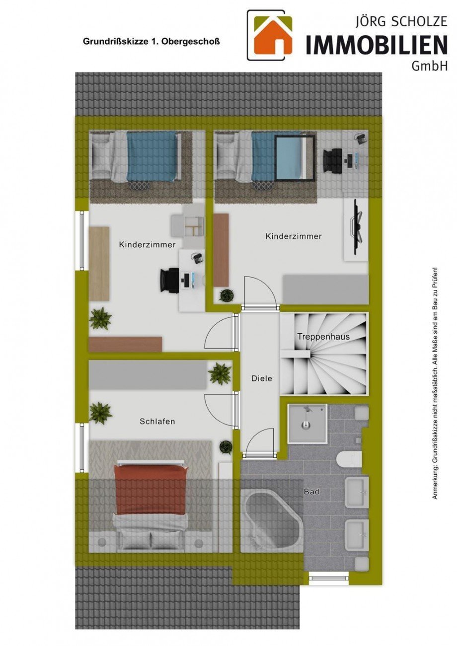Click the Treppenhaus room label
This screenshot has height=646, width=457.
click(323, 337)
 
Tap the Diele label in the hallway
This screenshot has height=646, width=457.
click(262, 378)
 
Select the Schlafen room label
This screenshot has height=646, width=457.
click(157, 422)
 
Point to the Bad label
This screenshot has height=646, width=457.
click(311, 492)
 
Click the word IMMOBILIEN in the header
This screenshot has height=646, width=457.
click(377, 45)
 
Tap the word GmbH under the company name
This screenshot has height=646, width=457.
click(430, 66)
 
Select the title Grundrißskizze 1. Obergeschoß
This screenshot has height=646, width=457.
click(152, 42)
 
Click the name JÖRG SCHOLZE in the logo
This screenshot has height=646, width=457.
click(401, 22)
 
